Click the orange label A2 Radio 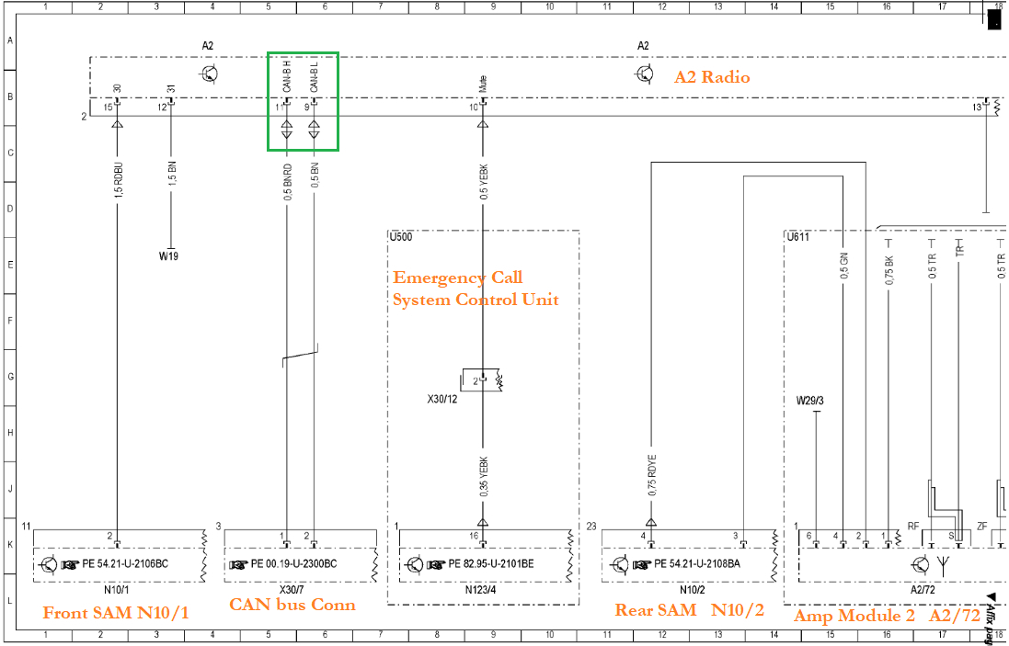712,77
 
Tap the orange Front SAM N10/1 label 116,612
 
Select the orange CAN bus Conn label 292,605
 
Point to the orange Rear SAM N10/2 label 689,610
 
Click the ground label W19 168,256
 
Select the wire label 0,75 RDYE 652,475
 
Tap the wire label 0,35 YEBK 484,476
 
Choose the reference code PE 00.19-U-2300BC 294,564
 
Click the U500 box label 401,237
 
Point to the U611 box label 797,237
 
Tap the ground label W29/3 810,401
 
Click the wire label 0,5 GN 843,266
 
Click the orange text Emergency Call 458,278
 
